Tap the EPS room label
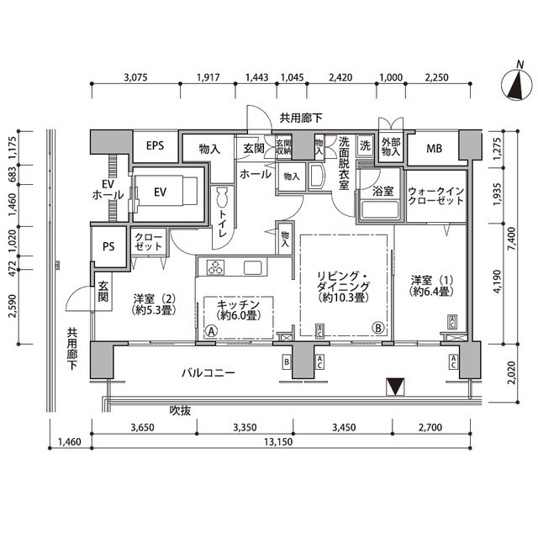tap(155, 146)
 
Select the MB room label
tap(434, 150)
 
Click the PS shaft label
tap(108, 246)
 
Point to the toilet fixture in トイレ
tap(223, 199)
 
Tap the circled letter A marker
tap(210, 330)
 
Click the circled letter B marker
tap(378, 328)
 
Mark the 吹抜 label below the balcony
tap(181, 410)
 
